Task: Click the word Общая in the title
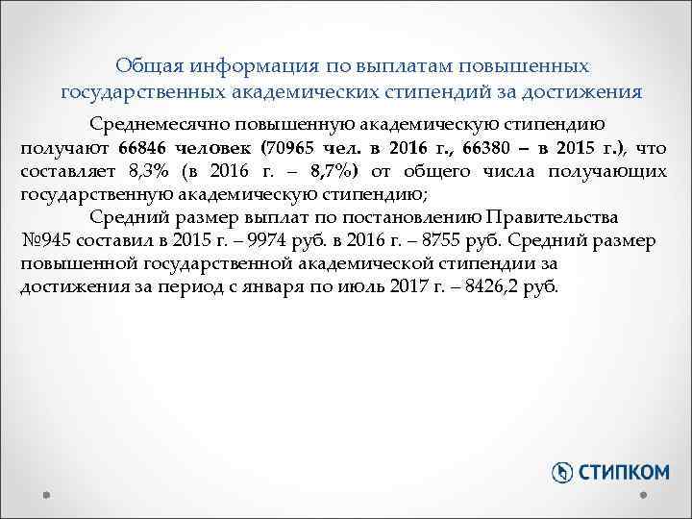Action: tap(146, 65)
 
